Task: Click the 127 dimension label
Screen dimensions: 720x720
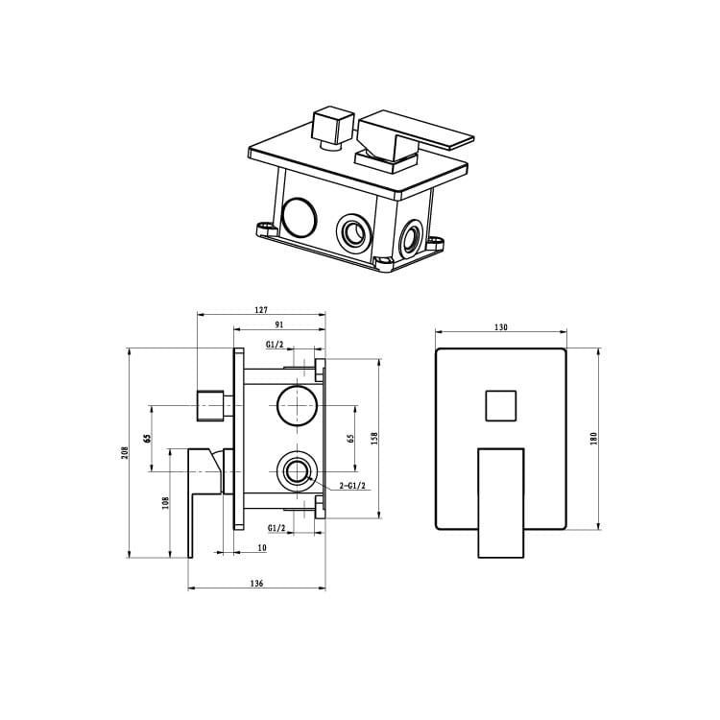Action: point(260,310)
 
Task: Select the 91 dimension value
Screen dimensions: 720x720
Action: point(279,324)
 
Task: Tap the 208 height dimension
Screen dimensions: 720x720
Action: point(126,453)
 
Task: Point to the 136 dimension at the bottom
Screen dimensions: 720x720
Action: point(256,584)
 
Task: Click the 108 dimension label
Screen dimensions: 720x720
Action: point(166,503)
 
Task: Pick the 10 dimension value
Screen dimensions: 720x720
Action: point(262,548)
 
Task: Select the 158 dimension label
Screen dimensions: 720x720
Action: point(374,439)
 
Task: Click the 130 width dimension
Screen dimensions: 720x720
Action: point(501,327)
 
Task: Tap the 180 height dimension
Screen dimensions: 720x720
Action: point(593,439)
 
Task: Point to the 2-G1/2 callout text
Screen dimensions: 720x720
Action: point(352,486)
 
